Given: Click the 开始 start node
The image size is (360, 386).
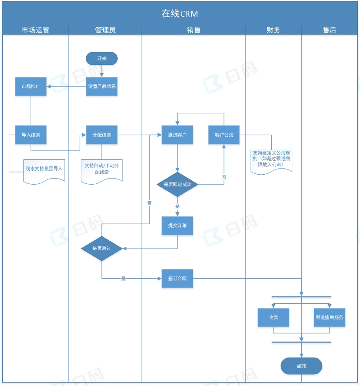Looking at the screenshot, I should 101,58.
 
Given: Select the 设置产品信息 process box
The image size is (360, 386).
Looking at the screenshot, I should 101,86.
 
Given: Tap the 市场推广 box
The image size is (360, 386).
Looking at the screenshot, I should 31,86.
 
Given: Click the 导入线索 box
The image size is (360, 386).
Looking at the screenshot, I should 31,135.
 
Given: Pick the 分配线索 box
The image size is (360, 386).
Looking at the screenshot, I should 101,135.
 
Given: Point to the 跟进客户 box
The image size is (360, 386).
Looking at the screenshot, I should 177,135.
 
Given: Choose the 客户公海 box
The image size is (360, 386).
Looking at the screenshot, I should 224,135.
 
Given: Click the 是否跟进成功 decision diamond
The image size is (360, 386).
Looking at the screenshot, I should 177,184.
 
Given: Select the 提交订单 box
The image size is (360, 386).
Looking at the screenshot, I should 177,226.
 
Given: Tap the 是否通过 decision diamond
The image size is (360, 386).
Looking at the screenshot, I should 101,248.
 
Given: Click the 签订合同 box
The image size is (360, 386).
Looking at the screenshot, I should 177,278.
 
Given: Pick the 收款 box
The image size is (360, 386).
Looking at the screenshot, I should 273,317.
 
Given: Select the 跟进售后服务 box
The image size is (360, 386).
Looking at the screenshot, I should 329,317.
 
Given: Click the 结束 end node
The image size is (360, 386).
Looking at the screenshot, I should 301,366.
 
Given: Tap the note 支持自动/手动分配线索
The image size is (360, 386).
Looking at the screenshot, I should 101,169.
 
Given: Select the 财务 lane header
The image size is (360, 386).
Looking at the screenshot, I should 273,30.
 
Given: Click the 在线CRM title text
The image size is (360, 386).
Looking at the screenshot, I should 180,14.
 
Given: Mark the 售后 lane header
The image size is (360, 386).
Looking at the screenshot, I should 329,30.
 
